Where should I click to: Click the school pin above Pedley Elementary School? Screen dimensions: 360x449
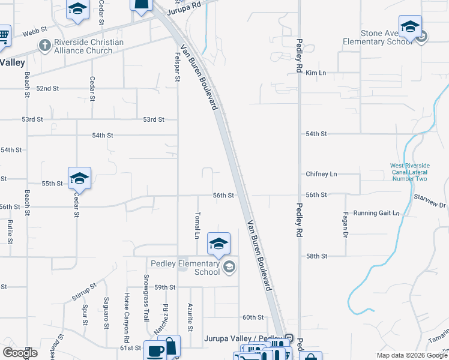(218, 244)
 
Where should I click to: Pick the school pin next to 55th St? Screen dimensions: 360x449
(79, 178)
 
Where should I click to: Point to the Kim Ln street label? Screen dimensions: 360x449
(315, 73)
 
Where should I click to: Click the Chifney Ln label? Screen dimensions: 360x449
(321, 174)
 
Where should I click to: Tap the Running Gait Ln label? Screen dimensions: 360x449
(376, 213)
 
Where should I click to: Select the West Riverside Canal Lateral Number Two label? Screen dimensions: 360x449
(409, 172)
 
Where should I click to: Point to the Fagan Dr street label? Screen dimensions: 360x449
(346, 224)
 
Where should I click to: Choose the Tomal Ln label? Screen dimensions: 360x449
(196, 225)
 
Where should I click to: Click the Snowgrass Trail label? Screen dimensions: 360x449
(146, 290)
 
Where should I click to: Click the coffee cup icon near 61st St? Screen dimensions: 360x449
(155, 350)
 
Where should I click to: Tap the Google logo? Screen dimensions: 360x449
(20, 353)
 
